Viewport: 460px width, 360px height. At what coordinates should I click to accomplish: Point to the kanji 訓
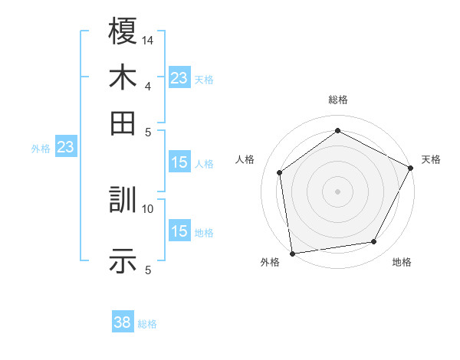[123, 201]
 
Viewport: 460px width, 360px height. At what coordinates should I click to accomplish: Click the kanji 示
[123, 262]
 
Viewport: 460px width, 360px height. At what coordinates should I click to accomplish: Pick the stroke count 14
[148, 39]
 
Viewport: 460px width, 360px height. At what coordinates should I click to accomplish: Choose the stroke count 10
[148, 208]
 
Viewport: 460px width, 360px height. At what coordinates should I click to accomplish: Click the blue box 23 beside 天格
[179, 78]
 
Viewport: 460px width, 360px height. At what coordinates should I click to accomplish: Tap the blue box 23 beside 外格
[65, 148]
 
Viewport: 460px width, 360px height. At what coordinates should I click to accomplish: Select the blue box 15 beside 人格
[179, 162]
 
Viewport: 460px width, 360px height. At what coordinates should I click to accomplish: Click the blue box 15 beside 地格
[179, 231]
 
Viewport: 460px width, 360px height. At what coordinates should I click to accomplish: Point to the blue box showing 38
[123, 322]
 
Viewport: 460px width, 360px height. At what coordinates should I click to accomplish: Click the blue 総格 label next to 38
[147, 324]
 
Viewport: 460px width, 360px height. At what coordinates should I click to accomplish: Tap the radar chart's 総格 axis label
[337, 100]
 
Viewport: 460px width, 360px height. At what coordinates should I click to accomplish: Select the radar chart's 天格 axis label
[431, 159]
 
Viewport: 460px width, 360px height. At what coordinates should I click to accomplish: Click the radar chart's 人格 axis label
[245, 159]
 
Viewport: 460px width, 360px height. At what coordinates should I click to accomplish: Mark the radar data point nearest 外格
[292, 253]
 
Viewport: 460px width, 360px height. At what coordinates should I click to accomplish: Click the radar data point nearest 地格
[374, 242]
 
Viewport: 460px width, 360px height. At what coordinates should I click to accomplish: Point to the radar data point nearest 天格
[411, 168]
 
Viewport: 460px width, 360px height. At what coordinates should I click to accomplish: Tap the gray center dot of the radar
[337, 191]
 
